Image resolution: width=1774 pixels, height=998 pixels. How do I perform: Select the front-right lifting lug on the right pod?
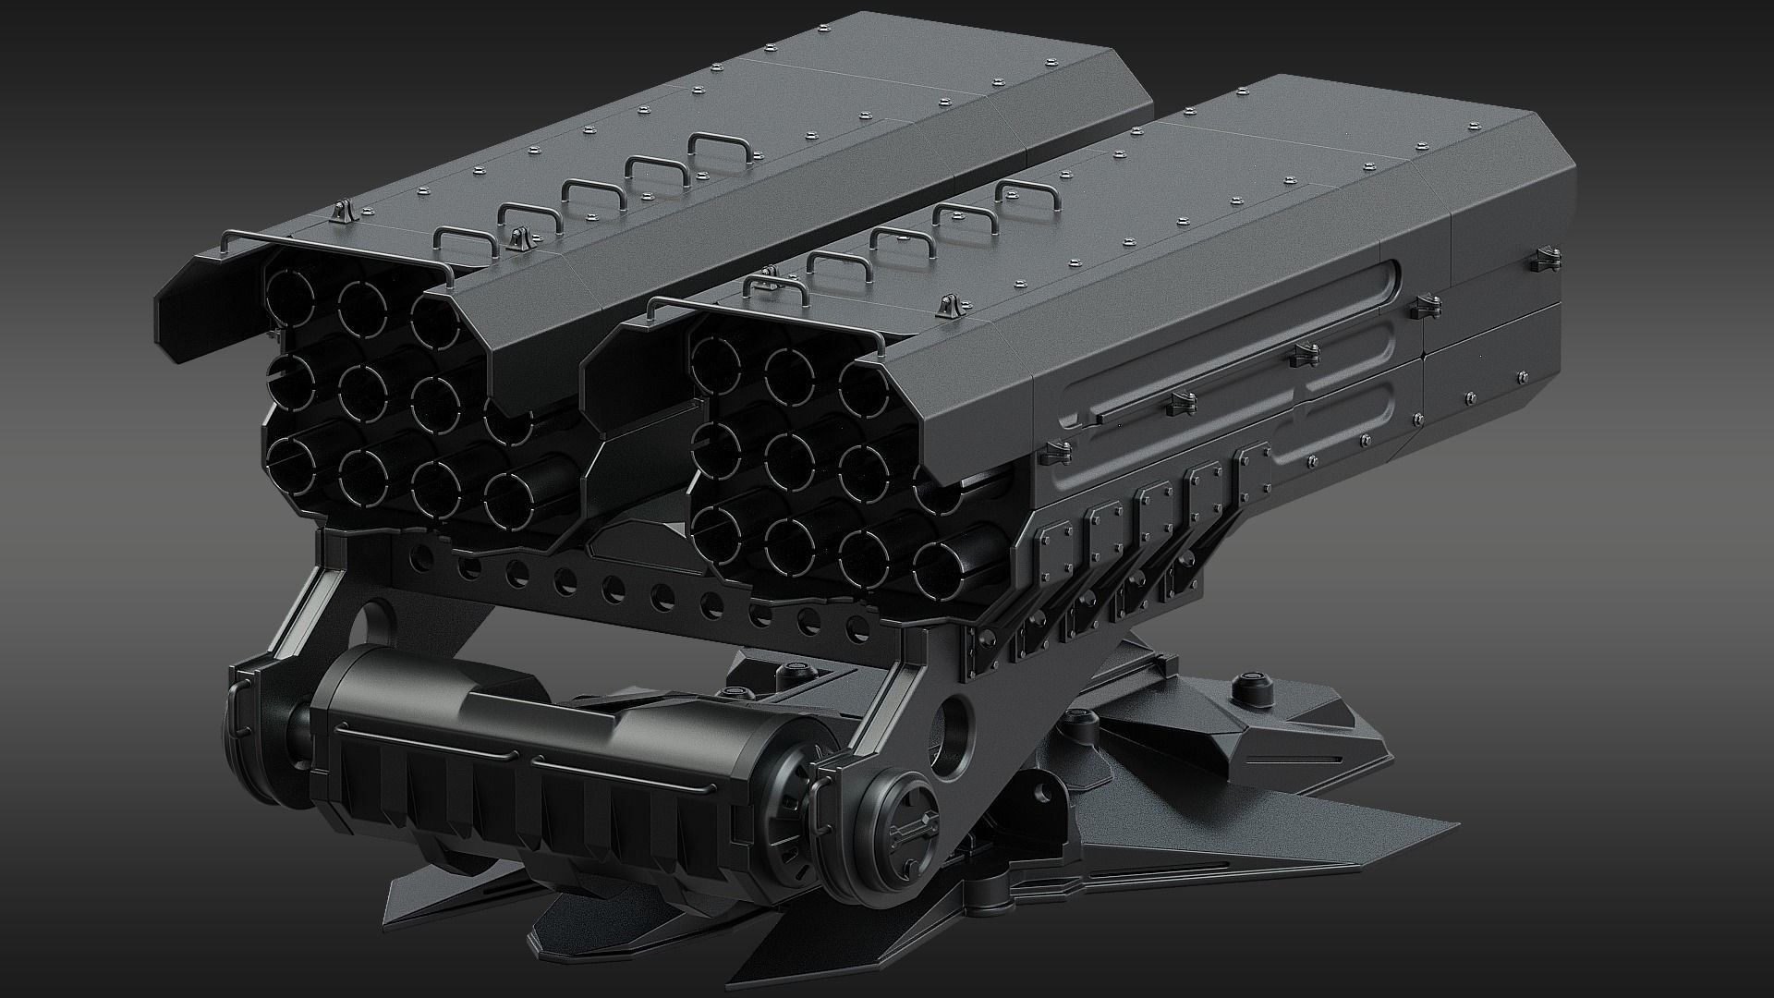(947, 307)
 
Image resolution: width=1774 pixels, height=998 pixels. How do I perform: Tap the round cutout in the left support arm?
(380, 614)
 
